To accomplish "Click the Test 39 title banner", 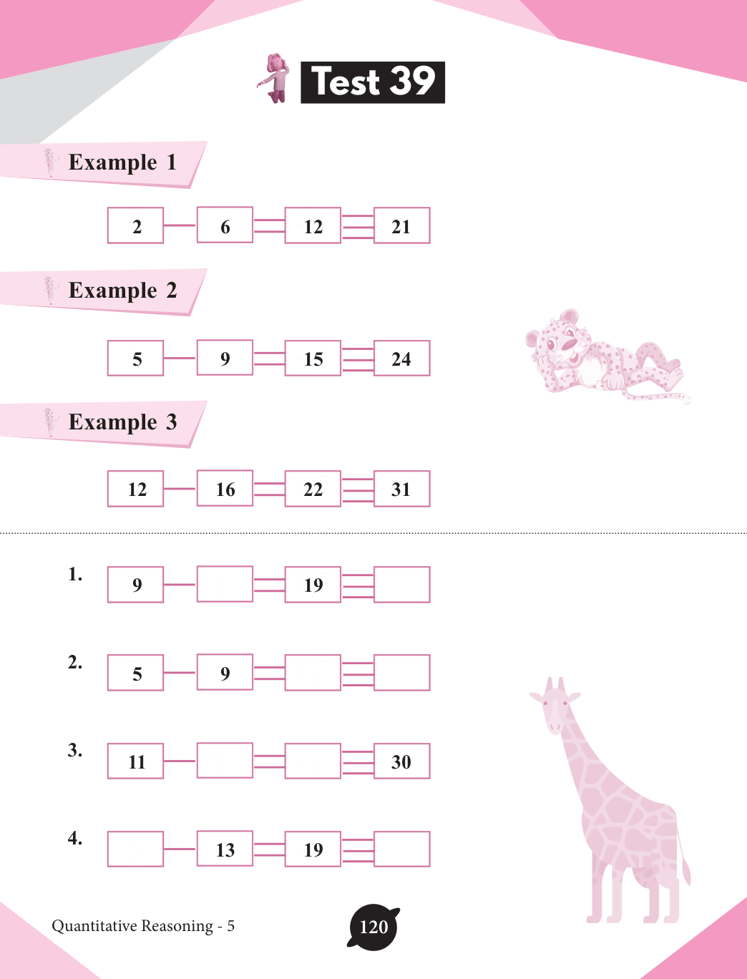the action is click(373, 82).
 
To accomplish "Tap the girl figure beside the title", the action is click(274, 79).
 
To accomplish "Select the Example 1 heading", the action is click(122, 162).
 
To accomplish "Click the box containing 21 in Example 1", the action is click(402, 225).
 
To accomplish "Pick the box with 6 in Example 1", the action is click(225, 225).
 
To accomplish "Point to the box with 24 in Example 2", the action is click(402, 358).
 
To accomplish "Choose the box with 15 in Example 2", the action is click(313, 358).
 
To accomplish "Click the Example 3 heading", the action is click(122, 422).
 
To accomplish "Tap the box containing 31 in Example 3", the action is click(402, 489).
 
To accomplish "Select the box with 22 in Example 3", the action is click(313, 489).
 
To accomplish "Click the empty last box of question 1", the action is click(402, 585).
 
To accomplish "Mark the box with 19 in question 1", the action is click(313, 585).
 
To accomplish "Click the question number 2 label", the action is click(75, 663).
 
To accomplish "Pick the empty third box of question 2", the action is click(313, 673).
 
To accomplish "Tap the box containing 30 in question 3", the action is click(402, 761).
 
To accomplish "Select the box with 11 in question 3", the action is click(135, 761).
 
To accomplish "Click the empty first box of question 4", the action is click(135, 849).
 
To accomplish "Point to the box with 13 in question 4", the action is click(225, 849).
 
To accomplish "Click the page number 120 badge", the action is click(373, 927).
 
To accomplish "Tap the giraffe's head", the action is click(555, 706).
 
